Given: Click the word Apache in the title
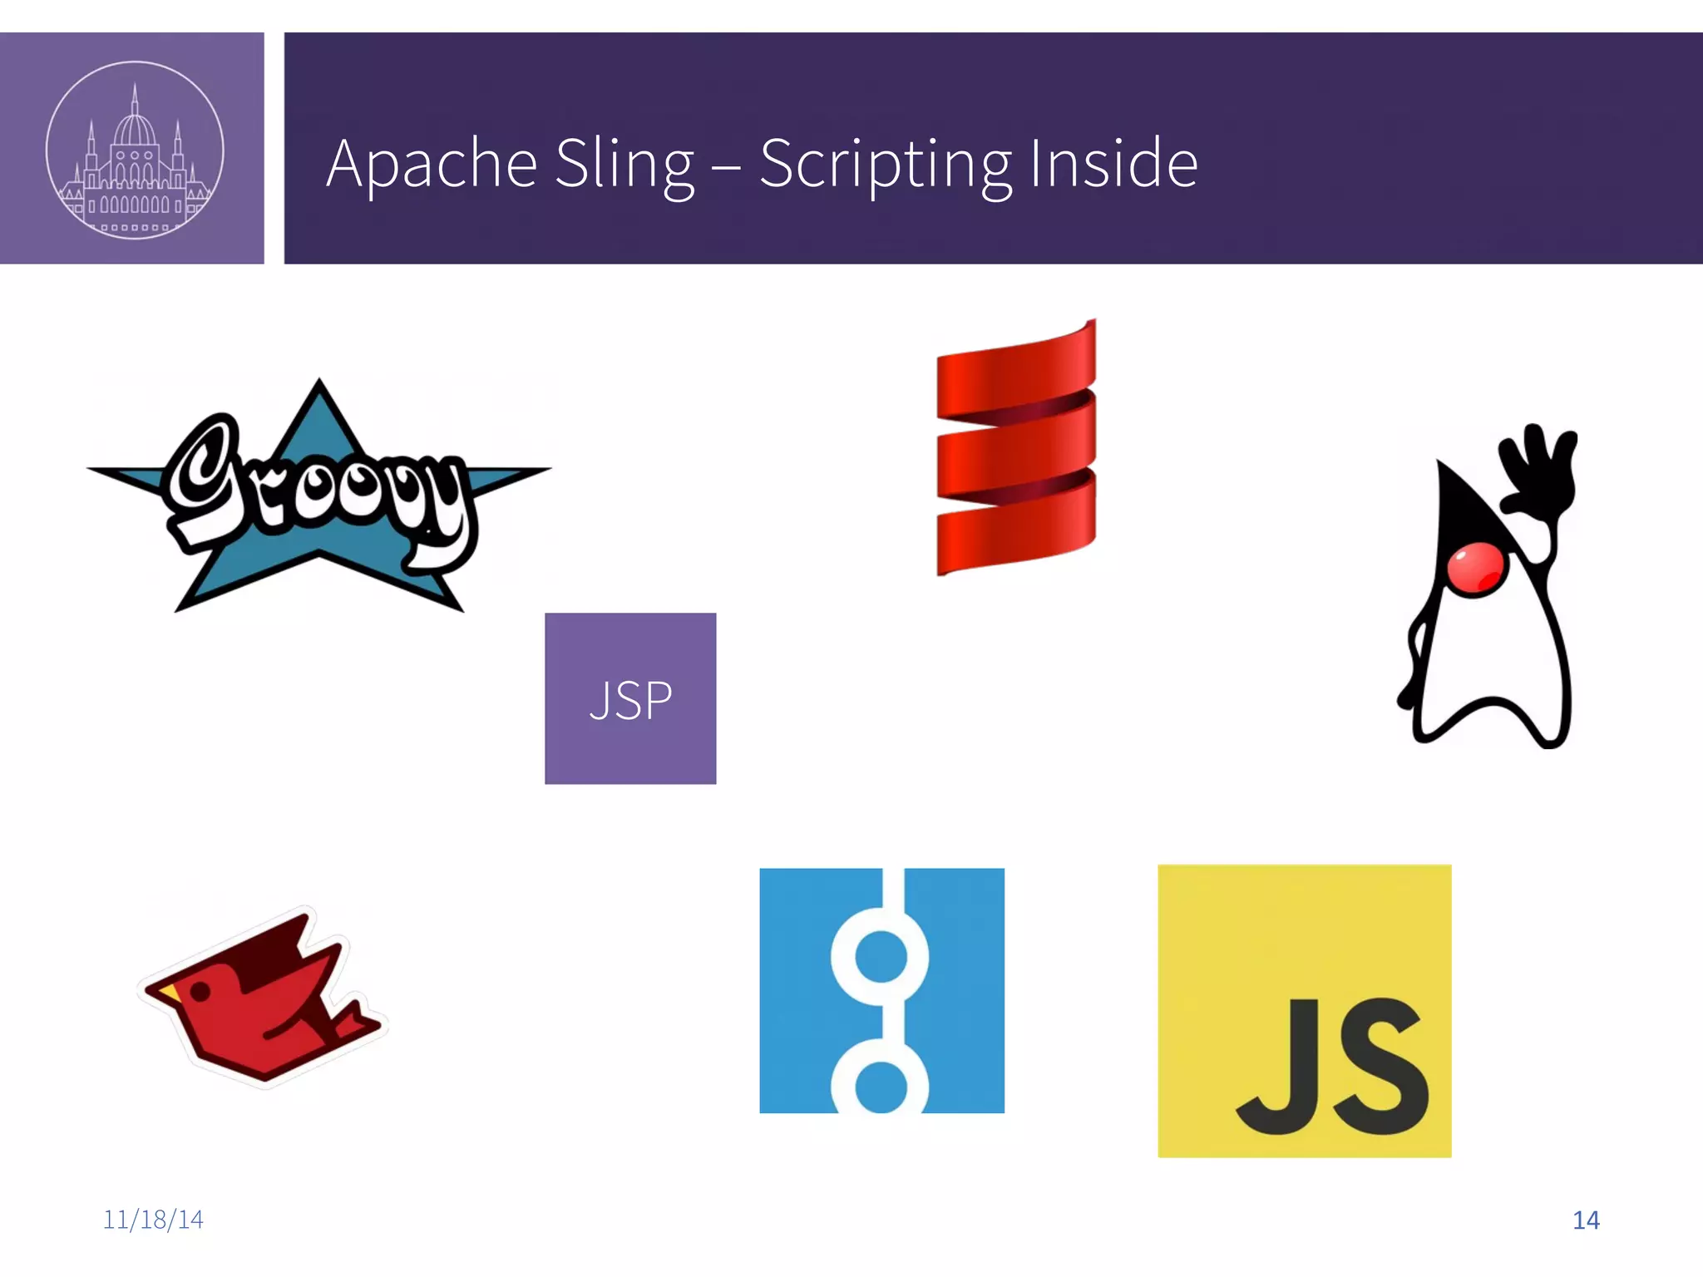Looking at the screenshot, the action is pos(432,164).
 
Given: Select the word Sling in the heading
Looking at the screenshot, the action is pos(624,164).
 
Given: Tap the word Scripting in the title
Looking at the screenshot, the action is pos(886,164).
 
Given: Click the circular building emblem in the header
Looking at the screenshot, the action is pos(134,150).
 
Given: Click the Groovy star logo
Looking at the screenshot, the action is pos(318,499).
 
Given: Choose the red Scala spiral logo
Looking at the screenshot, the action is pos(1016,449).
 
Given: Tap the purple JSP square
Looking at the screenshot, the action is pos(630,698).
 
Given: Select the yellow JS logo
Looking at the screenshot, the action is pos(1304,1011).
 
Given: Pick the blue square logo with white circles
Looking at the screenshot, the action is pos(881,990).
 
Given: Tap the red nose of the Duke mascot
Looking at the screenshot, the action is pos(1474,569).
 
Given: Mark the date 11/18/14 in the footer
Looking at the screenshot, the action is pos(153,1220).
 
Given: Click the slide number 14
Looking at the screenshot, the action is pos(1586,1220).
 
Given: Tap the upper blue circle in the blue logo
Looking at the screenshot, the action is pos(881,956).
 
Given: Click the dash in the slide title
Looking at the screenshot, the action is pos(726,166).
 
